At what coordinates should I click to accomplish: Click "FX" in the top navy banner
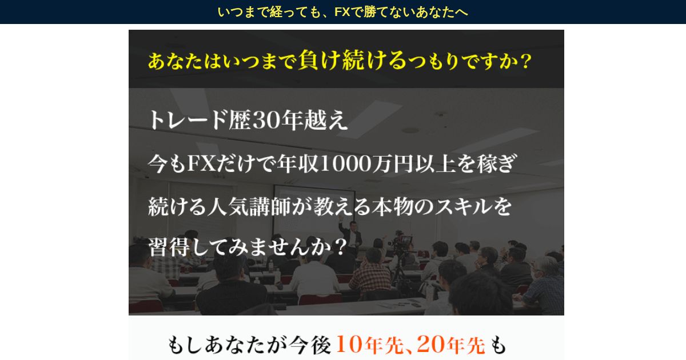tap(342, 12)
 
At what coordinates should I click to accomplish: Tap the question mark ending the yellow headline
tap(525, 62)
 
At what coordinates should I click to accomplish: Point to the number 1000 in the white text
tap(346, 164)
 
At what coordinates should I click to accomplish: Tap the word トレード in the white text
tap(188, 120)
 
